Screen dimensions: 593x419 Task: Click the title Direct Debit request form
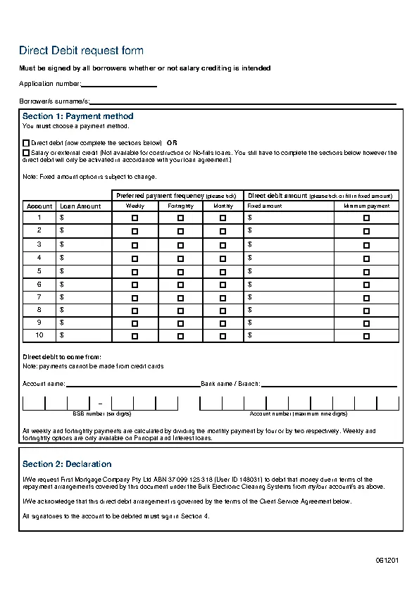coord(81,51)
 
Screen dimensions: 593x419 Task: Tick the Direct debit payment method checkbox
coord(26,142)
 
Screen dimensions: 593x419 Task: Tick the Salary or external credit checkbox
coord(26,151)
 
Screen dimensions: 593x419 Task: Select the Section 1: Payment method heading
coord(77,116)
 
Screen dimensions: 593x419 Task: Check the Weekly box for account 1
coord(135,218)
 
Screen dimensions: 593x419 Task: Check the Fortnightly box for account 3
coord(180,245)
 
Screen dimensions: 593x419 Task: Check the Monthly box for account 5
coord(223,271)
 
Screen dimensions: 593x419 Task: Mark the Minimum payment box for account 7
coord(366,298)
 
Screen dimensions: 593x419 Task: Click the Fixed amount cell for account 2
coord(288,231)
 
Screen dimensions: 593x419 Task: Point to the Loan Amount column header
coord(80,206)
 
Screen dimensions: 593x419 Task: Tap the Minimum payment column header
coord(366,206)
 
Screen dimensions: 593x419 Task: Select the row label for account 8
coord(39,310)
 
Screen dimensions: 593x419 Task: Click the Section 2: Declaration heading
coord(67,464)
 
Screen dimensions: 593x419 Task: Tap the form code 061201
coord(387,561)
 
